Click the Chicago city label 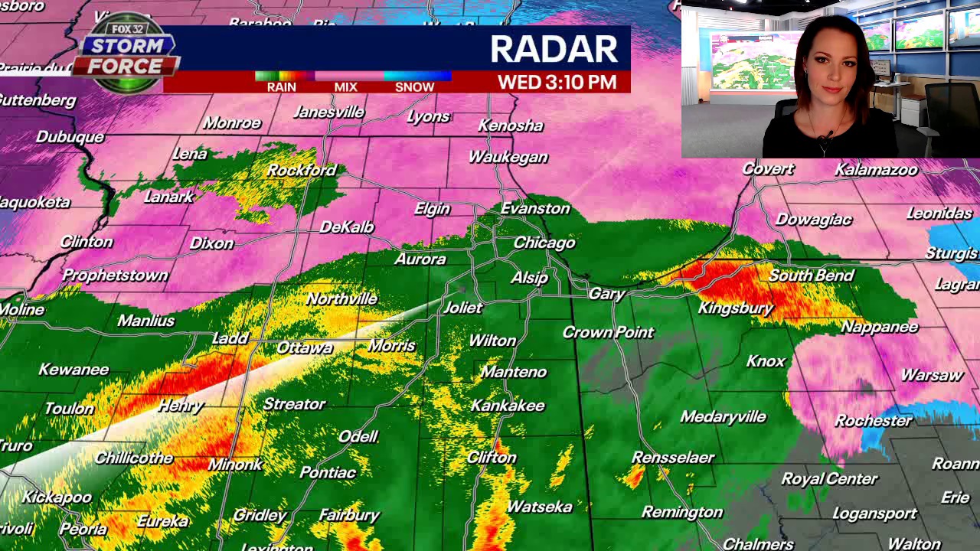coord(544,243)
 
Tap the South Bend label coord(811,275)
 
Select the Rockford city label coord(301,170)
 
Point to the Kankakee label coord(508,406)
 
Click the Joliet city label coord(462,308)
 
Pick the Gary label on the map coord(607,293)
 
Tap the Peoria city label coord(83,529)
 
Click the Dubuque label coord(70,137)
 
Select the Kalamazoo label coord(876,169)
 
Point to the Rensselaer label coord(672,458)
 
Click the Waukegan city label coord(508,157)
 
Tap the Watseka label coord(539,507)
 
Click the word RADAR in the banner coord(554,49)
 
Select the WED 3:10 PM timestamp coord(557,83)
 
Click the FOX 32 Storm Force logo coord(127,54)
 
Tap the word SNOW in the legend coord(414,87)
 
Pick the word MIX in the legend coord(345,87)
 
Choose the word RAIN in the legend coord(281,87)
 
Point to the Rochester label coord(873,421)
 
